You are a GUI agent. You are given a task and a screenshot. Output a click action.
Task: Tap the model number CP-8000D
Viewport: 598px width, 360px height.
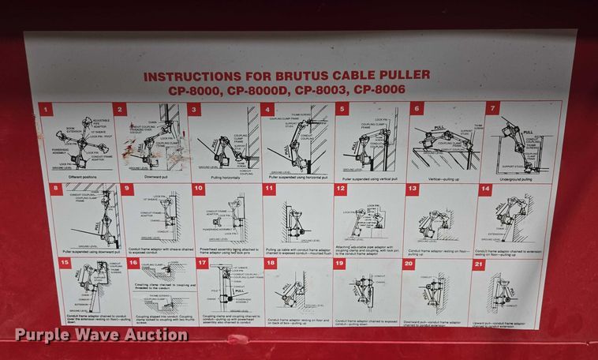tap(248, 90)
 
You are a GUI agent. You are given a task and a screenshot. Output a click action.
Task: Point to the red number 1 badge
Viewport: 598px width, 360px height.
tap(47, 110)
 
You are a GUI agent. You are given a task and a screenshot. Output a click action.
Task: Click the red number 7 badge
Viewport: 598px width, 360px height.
tap(492, 108)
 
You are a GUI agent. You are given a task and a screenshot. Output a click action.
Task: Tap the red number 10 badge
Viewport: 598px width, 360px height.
tap(199, 189)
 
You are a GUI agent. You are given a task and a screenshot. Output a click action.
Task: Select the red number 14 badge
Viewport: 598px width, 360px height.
tap(485, 189)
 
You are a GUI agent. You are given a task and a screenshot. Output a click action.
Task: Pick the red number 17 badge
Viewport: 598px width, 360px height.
tap(202, 263)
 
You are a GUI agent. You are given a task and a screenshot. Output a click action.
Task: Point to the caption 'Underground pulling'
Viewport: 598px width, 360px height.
tap(516, 179)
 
